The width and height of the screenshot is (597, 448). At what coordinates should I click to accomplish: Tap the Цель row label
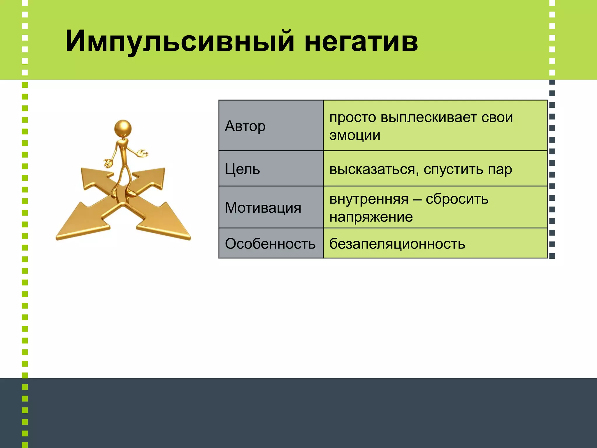pos(242,169)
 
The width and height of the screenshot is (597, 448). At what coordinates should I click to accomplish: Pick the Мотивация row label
pos(263,208)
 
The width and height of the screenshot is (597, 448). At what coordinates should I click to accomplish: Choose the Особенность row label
pos(270,244)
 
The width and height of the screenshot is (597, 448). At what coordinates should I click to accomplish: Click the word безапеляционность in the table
pos(397,244)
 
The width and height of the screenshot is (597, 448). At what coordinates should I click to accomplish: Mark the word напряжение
pos(371,217)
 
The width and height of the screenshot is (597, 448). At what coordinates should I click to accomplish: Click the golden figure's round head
pos(123,128)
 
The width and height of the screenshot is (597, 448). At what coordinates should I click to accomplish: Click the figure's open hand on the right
pos(143,153)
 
